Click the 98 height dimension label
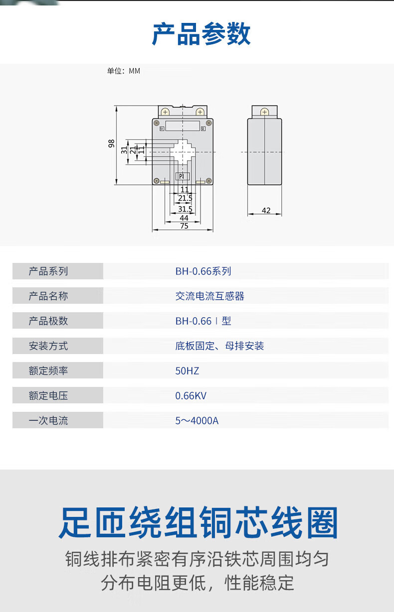click(x=111, y=144)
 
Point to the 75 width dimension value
click(x=184, y=226)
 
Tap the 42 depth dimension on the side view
click(x=266, y=211)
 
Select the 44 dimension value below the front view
click(x=184, y=218)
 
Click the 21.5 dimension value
click(x=185, y=198)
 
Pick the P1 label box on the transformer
click(x=182, y=176)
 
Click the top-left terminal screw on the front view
click(x=165, y=112)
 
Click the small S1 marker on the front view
click(x=162, y=128)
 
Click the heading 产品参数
click(x=201, y=34)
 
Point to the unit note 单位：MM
click(x=124, y=71)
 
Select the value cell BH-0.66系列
click(x=203, y=271)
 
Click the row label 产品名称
click(x=48, y=296)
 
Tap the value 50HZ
click(x=187, y=371)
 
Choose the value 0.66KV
click(x=191, y=396)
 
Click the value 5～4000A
click(x=197, y=421)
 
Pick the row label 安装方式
click(x=48, y=346)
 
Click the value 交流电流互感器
click(x=209, y=296)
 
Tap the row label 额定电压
click(x=48, y=396)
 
